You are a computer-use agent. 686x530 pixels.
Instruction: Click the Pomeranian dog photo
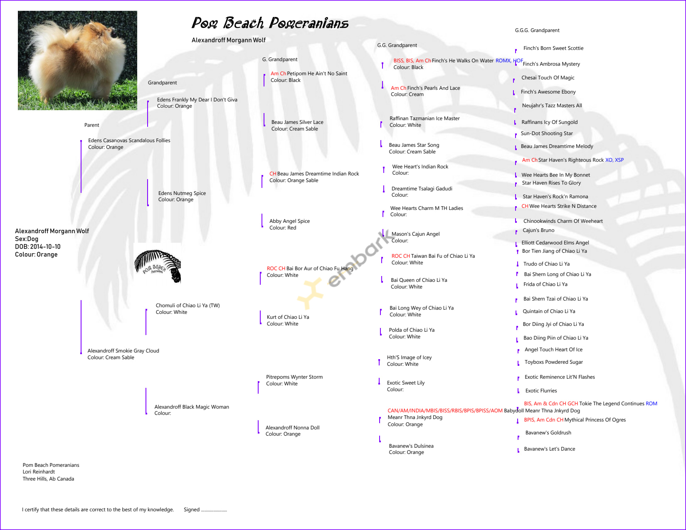(x=77, y=60)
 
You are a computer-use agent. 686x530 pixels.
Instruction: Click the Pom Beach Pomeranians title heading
(x=270, y=23)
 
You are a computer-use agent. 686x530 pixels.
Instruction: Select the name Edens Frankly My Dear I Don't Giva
(x=197, y=100)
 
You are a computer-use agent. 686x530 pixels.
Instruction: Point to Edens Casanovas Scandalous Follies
(x=129, y=141)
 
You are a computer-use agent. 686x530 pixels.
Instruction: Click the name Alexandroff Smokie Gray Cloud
(x=123, y=351)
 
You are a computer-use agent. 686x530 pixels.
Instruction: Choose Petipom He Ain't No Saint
(x=317, y=74)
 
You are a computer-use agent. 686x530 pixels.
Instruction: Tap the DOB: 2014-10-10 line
(x=38, y=247)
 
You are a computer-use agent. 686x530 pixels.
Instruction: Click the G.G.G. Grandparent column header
(x=537, y=30)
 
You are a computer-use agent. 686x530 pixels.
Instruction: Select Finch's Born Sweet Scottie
(x=553, y=48)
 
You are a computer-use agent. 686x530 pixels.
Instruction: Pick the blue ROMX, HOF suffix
(x=509, y=61)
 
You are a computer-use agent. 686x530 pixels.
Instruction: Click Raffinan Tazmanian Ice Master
(x=424, y=118)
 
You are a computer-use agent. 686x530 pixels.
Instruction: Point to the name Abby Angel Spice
(x=289, y=221)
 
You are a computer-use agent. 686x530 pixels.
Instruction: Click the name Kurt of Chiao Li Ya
(x=288, y=317)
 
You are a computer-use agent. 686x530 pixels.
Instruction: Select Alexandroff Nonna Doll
(x=293, y=428)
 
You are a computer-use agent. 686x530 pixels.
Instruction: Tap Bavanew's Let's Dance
(x=550, y=449)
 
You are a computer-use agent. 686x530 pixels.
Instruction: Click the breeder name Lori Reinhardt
(x=39, y=472)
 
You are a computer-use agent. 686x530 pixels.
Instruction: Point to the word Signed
(x=192, y=510)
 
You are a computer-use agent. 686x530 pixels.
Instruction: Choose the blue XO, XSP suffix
(x=614, y=160)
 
